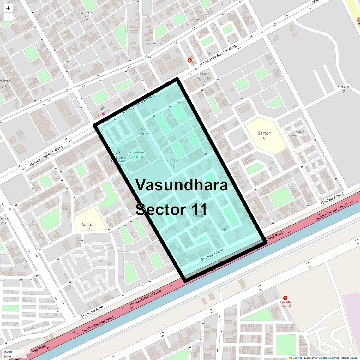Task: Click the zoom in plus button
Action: coord(8,8)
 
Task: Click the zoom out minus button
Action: coord(8,17)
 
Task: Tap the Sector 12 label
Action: coord(86,15)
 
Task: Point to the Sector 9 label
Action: coord(264,136)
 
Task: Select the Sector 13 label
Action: coord(88,227)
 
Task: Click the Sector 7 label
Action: coord(343,89)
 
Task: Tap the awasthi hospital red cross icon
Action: coord(285,298)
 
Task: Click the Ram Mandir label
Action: coord(144,131)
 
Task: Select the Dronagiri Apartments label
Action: coord(138,154)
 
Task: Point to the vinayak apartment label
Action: coord(299,133)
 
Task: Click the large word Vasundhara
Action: coord(182,185)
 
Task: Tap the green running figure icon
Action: coord(103,108)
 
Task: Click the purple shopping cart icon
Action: coord(103,113)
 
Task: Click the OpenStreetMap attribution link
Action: coord(329,358)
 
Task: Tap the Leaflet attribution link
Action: coord(297,358)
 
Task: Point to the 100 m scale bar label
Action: coord(8,352)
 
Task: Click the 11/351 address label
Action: coord(223,230)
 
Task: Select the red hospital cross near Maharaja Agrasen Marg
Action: coord(189,60)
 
